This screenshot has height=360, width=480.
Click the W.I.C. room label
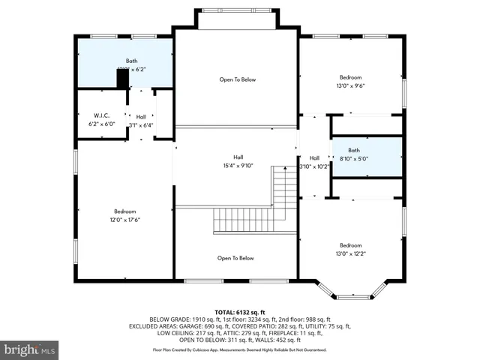coord(91,115)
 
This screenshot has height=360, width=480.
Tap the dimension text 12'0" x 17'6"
coord(124,220)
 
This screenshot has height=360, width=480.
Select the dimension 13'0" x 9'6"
coord(350,85)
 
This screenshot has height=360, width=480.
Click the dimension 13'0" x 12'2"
coord(350,253)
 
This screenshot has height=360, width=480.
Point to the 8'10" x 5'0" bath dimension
coord(355,159)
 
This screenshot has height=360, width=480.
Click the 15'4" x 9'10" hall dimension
coord(238,166)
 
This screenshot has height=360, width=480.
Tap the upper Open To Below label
coord(237,79)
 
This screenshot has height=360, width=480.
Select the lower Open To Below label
coord(235,258)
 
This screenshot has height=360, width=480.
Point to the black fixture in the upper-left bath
coord(122,78)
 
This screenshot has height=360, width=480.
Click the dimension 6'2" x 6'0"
coord(91,124)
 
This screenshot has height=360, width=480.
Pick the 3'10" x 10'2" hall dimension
coord(313,166)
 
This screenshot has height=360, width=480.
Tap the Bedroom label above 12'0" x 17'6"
coord(124,211)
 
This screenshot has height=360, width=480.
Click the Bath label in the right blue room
coord(355,150)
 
